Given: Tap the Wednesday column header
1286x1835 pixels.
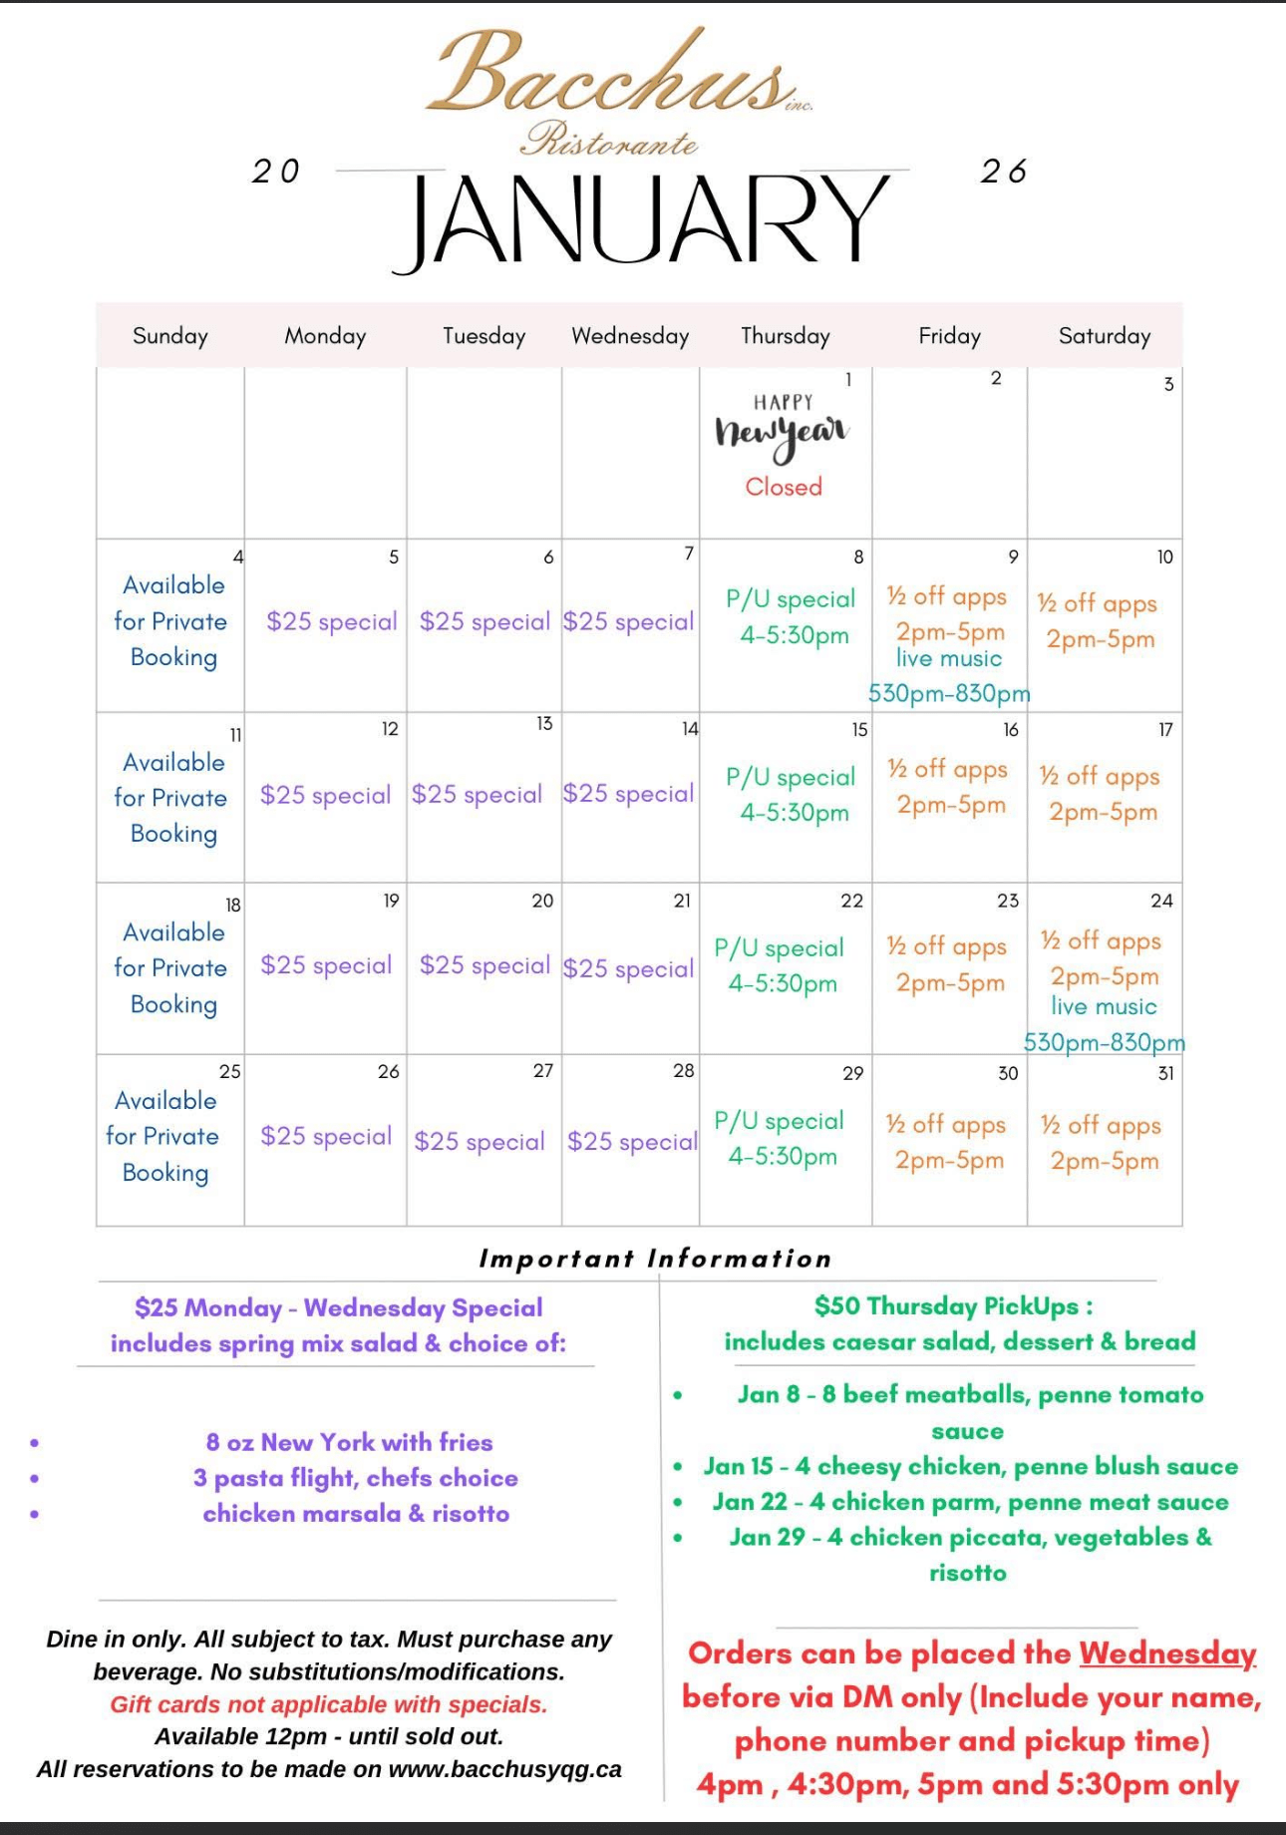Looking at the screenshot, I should (630, 336).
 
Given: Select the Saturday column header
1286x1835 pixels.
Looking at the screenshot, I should (1105, 336).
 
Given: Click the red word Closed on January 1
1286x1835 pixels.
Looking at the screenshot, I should (784, 487).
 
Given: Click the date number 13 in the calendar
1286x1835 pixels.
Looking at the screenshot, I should (544, 724).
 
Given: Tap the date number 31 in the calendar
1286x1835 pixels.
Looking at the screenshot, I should (1165, 1074).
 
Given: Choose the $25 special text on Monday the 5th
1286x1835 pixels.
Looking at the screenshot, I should (331, 621).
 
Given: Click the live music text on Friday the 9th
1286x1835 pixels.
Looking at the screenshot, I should (948, 659).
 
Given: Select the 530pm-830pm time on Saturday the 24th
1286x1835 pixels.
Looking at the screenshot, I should (1105, 1042).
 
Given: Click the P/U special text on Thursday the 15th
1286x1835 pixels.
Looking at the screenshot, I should (791, 777).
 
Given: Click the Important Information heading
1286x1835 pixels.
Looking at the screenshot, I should (655, 1259).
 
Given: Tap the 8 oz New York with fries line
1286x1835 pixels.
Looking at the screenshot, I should (349, 1442).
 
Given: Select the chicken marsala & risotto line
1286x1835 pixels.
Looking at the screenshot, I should (356, 1514).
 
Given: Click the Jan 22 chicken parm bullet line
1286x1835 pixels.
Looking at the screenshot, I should (970, 1502).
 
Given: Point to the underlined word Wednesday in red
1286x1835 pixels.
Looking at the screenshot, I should (1167, 1653).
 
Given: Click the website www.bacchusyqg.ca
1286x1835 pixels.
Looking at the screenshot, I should (504, 1769).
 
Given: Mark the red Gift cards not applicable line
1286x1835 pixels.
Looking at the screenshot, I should (329, 1704).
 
